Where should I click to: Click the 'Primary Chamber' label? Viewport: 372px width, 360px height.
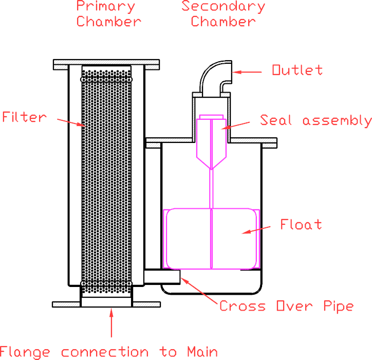[x=107, y=14]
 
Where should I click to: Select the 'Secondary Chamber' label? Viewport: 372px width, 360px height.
[x=223, y=14]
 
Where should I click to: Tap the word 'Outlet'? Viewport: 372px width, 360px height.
[x=297, y=70]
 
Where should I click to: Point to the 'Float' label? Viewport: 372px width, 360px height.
[x=301, y=225]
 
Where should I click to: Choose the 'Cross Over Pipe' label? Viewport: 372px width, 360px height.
[x=286, y=306]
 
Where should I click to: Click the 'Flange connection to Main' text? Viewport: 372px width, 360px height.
[x=109, y=352]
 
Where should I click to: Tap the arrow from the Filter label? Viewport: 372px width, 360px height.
[x=69, y=121]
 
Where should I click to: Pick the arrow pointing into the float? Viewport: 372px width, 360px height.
[x=259, y=230]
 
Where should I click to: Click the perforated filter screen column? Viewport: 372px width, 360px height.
[x=107, y=180]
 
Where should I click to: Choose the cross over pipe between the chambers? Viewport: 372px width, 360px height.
[x=161, y=277]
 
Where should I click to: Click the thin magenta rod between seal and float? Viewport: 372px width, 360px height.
[x=211, y=188]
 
